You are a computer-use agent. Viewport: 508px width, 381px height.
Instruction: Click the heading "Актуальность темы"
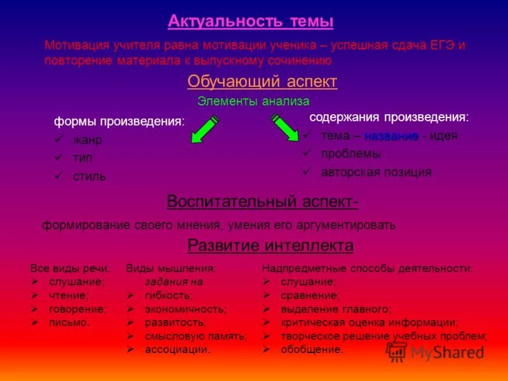(251, 22)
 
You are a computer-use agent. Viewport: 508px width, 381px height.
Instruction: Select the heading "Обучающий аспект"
(262, 82)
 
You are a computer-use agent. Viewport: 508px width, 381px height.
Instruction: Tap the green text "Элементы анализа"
(253, 101)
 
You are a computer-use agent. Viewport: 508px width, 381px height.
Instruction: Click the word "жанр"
(86, 140)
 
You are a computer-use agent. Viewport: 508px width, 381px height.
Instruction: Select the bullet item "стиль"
(89, 176)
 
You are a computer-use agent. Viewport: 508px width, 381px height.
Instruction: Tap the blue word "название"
(391, 136)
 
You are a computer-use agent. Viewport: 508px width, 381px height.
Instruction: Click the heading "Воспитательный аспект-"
(262, 202)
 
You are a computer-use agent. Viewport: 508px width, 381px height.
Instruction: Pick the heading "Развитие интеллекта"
(271, 246)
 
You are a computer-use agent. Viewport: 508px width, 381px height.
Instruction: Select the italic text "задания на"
(173, 282)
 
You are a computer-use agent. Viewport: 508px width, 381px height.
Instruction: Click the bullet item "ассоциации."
(177, 349)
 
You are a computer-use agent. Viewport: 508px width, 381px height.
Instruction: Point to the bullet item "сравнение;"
(310, 295)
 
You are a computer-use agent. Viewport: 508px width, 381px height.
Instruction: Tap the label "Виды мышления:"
(171, 269)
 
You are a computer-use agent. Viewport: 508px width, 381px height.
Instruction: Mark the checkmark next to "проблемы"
(307, 153)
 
